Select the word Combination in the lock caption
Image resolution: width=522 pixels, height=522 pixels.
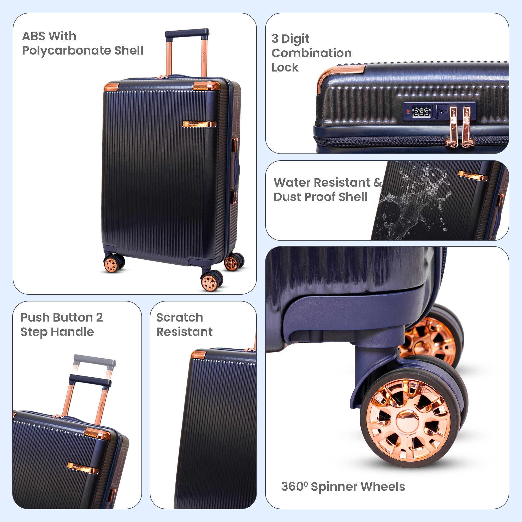tap(312, 53)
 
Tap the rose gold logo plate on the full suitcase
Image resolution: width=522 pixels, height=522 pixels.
tap(199, 124)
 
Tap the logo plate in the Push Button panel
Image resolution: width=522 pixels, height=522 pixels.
tap(82, 468)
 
